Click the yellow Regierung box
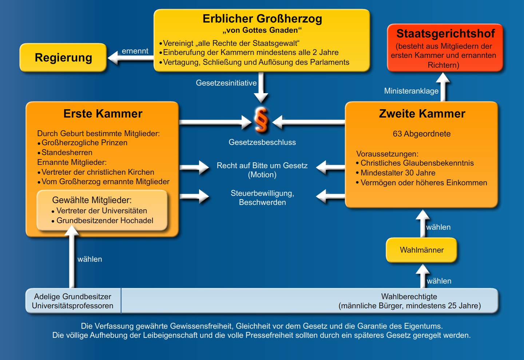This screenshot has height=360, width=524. tap(63, 58)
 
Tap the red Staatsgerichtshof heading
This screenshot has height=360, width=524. tap(445, 33)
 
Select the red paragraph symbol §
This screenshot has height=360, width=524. tap(261, 119)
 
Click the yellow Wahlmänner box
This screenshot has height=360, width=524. tap(421, 250)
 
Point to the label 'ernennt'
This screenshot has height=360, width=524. tap(135, 51)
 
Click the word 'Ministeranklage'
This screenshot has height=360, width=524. tap(411, 91)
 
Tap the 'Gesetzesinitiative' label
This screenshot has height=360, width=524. tap(226, 83)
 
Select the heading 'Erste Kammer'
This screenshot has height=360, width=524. tap(103, 114)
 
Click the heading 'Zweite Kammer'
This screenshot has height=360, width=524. tap(422, 114)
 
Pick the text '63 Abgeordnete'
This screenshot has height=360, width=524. tap(421, 134)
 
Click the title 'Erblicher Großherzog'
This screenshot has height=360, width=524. tap(262, 19)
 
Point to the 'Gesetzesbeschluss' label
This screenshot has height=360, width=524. tap(262, 142)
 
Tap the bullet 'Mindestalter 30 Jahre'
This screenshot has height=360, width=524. tap(398, 173)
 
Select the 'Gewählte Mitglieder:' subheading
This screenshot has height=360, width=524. tap(92, 200)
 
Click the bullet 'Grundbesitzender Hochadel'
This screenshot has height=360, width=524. tap(105, 221)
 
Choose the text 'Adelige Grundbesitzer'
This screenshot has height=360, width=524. tap(72, 297)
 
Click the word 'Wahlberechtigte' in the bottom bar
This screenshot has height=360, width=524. tap(409, 297)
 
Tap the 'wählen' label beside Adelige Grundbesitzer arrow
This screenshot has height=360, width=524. tap(90, 259)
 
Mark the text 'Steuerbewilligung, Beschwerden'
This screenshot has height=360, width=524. tap(262, 198)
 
